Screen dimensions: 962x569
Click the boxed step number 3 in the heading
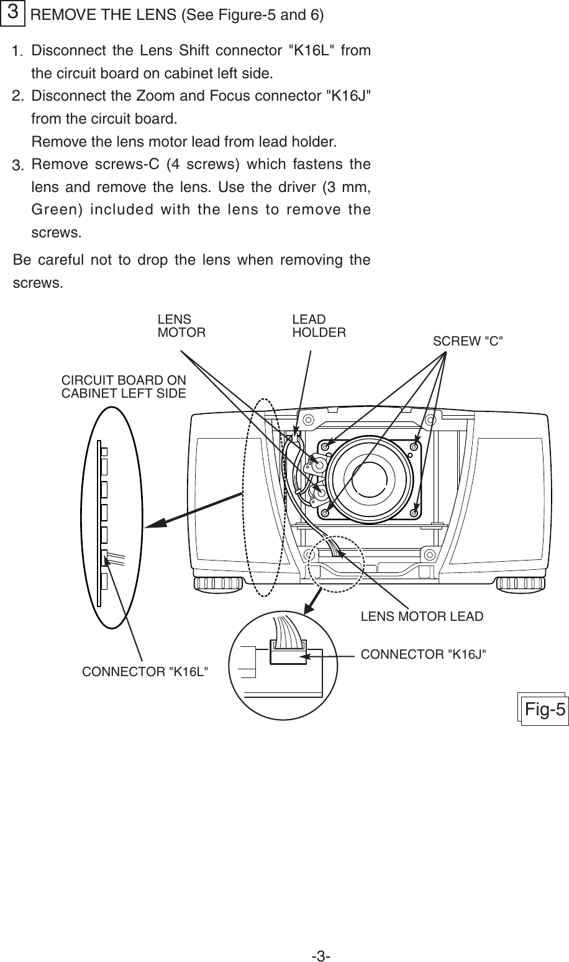click(x=12, y=13)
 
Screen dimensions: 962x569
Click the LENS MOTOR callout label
click(x=181, y=326)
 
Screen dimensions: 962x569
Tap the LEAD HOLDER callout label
click(x=319, y=326)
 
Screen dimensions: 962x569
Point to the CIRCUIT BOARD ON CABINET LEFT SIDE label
click(x=124, y=386)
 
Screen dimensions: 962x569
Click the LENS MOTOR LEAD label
click(x=422, y=616)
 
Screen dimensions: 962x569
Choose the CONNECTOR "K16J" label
click(x=424, y=653)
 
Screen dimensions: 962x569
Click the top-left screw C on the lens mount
click(x=325, y=447)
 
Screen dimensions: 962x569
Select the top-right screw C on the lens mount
click(x=414, y=447)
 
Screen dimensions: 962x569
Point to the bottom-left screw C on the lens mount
click(x=325, y=513)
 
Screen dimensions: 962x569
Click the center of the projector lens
click(x=370, y=479)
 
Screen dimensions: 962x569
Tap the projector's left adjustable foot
click(x=217, y=584)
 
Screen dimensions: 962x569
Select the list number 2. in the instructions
click(x=19, y=96)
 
